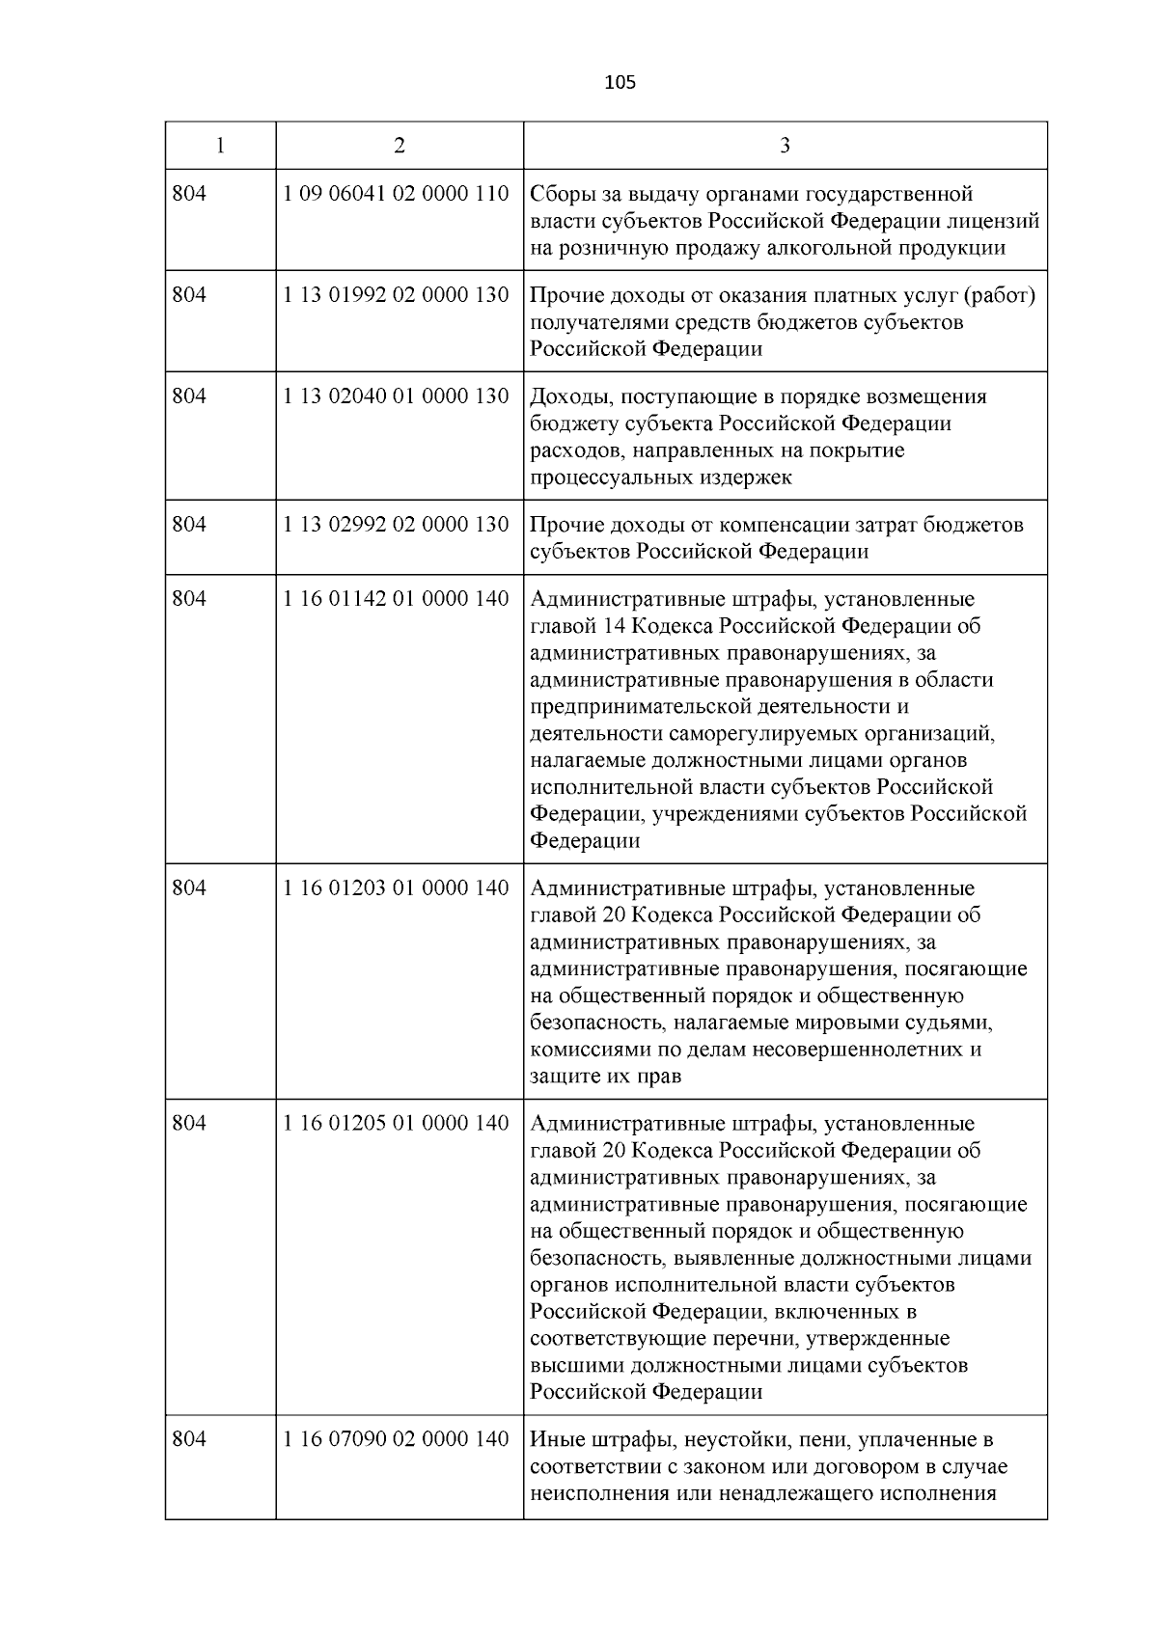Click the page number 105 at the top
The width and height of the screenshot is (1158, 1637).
point(620,83)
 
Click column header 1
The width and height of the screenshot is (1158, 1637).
point(221,146)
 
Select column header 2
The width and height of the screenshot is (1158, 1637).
point(400,146)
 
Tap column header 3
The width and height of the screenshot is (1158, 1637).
point(785,146)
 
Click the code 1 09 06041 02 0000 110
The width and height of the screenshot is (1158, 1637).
point(396,194)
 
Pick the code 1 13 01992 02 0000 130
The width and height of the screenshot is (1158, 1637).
point(396,295)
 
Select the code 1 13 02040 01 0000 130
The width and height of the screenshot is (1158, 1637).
point(396,396)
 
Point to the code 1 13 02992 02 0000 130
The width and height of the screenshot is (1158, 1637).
point(396,525)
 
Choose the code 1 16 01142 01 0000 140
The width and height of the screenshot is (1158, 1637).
point(396,599)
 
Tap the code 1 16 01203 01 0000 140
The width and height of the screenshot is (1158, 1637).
point(396,887)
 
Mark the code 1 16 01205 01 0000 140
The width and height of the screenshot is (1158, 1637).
point(396,1124)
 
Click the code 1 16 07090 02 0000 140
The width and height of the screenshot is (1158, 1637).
point(396,1439)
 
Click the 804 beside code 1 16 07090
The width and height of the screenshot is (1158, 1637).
point(189,1439)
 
